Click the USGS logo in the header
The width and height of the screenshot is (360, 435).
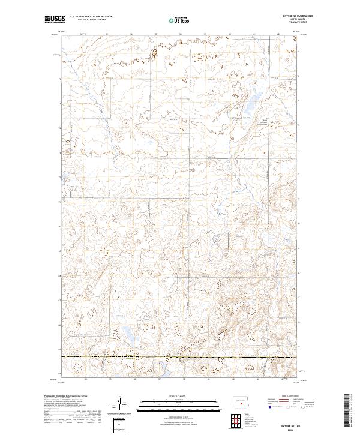tap(55, 19)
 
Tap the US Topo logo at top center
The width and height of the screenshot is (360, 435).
tap(180, 20)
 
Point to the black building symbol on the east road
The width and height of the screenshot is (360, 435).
tap(268, 118)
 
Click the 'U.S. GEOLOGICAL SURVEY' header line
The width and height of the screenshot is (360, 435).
tap(85, 19)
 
